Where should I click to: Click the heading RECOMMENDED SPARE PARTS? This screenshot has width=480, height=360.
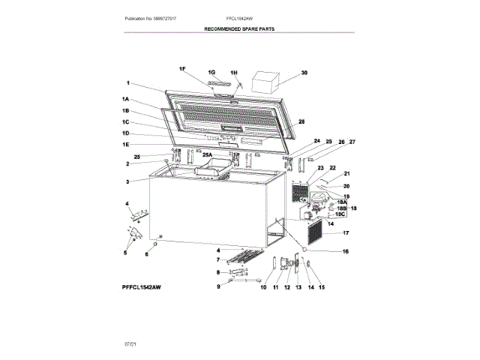240,28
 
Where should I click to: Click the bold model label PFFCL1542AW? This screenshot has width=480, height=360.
142,287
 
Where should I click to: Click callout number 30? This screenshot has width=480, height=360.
304,73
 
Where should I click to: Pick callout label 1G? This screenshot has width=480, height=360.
212,72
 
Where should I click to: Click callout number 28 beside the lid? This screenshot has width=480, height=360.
301,121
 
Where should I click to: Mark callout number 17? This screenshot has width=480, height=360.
346,233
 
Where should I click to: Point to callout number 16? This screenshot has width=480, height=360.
346,251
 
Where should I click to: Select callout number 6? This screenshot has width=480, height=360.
147,254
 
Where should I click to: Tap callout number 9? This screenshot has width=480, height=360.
219,286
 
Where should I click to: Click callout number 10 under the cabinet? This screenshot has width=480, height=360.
263,286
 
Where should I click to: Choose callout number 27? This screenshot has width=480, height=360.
352,142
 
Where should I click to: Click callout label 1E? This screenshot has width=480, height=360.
127,144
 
